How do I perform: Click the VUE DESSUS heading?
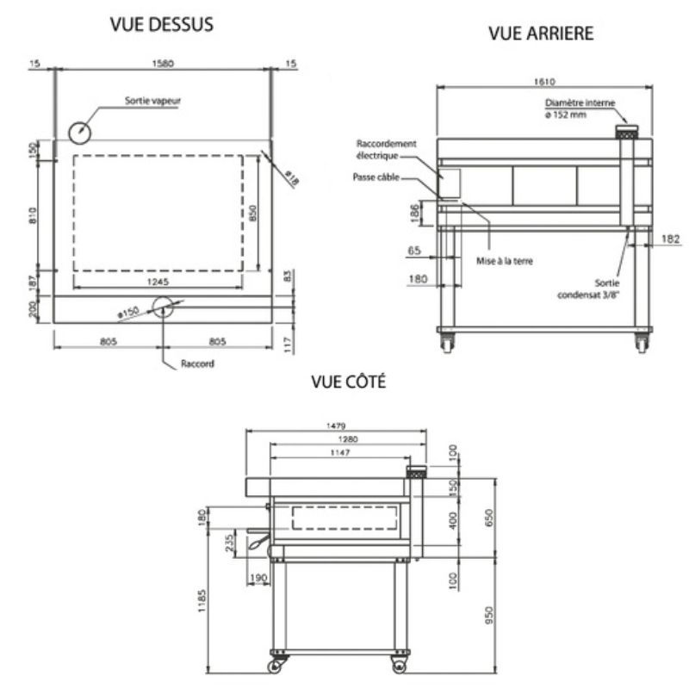click(161, 25)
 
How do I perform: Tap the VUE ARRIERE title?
click(541, 34)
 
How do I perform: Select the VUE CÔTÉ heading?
click(349, 381)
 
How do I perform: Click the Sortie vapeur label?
click(152, 101)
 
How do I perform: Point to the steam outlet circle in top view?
click(79, 133)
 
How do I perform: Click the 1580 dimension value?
click(163, 63)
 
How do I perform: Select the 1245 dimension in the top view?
click(158, 282)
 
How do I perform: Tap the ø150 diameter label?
click(128, 313)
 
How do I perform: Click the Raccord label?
click(197, 363)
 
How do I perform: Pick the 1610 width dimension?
click(544, 82)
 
